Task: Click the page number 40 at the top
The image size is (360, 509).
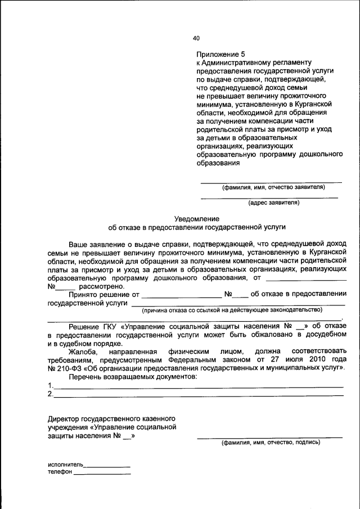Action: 196,38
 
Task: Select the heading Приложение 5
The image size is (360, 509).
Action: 221,55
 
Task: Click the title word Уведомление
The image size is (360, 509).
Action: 196,218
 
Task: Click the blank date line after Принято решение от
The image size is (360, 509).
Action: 181,294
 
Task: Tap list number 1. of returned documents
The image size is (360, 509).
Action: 51,385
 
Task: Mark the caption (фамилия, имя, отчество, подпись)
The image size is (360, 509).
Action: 271,443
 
